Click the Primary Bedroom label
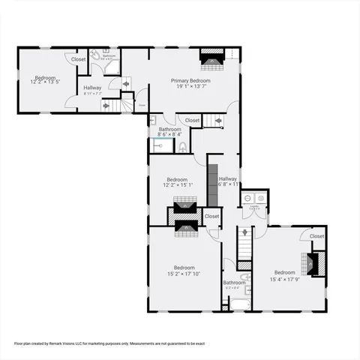[190, 80]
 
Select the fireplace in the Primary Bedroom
[211, 58]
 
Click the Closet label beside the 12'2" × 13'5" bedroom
[78, 58]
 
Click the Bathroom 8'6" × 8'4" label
[169, 130]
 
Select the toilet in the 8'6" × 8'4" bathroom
[182, 146]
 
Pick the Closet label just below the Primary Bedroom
[192, 120]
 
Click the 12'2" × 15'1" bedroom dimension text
[177, 185]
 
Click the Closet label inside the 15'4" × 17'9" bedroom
[316, 236]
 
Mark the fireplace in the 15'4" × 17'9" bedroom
[313, 262]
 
